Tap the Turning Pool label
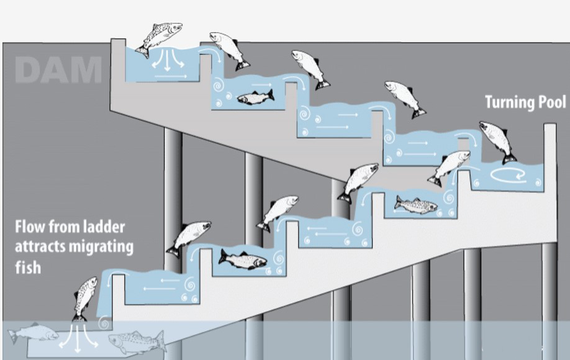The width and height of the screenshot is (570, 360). [x=525, y=102]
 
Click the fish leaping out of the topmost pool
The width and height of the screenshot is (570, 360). [x=160, y=37]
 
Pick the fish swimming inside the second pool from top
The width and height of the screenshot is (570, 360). [x=255, y=97]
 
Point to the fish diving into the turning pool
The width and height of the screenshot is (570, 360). [x=498, y=141]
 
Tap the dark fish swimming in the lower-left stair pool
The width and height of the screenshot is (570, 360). [x=242, y=259]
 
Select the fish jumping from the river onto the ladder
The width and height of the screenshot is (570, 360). [x=85, y=299]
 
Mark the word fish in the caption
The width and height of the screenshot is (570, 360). [x=28, y=267]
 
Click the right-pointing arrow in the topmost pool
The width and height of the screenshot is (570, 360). [x=171, y=76]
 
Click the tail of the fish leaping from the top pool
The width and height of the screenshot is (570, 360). [x=142, y=51]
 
